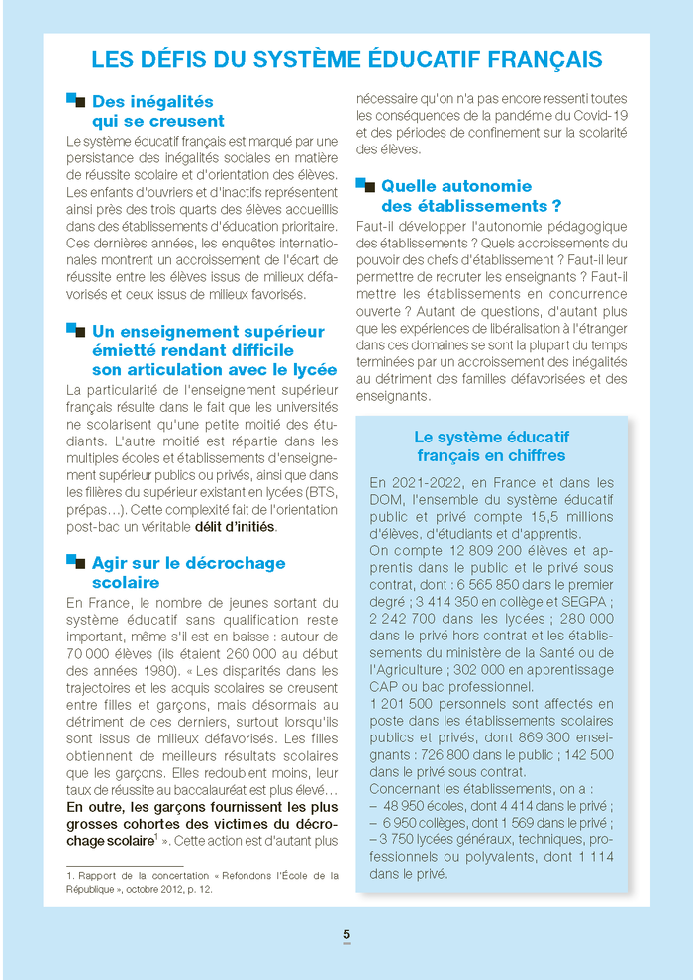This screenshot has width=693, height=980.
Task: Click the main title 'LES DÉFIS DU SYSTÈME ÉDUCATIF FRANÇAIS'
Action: point(346,59)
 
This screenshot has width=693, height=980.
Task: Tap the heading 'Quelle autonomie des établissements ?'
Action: point(471,196)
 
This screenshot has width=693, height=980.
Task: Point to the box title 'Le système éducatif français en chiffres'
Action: point(491,445)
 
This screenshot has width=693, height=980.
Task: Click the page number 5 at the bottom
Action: point(346,933)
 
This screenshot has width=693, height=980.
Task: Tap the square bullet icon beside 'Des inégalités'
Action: point(75,100)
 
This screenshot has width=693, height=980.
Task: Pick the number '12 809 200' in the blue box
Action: point(473,551)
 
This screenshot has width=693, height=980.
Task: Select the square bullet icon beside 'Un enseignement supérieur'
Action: point(75,330)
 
